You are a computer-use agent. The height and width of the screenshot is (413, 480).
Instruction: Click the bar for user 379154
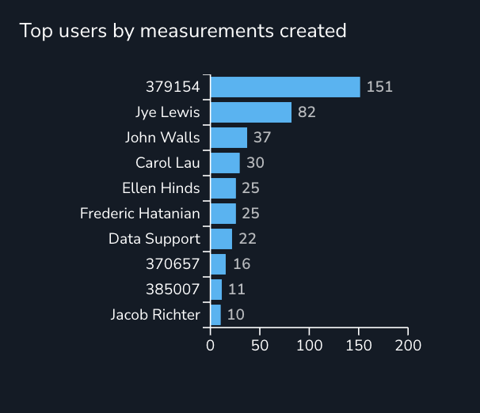pos(285,87)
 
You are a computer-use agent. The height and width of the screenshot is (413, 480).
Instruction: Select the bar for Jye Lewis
pos(251,112)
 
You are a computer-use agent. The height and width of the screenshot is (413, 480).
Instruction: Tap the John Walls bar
pos(229,138)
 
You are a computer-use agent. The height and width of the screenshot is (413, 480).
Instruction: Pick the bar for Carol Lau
pos(225,163)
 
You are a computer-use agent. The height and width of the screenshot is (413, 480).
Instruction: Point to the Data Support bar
pos(221,239)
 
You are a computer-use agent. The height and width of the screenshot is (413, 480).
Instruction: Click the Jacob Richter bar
pos(215,315)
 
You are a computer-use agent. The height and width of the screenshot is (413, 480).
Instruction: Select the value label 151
pos(379,87)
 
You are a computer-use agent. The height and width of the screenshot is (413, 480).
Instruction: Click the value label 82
pos(307,112)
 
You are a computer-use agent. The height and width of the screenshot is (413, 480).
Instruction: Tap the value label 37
pos(262,138)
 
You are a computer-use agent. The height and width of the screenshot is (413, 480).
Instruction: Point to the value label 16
pos(242,264)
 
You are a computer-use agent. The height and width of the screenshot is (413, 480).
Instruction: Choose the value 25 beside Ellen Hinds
pos(251,188)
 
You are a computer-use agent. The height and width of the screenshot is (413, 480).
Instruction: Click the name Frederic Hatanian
pos(140,214)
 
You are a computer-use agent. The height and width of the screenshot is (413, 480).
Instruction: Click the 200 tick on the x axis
pos(408,346)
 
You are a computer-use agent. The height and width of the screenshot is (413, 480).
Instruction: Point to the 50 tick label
pos(260,346)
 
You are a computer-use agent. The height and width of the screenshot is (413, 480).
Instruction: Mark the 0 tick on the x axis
pos(211,346)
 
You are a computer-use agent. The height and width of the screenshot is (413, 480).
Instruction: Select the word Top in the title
pos(32,31)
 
